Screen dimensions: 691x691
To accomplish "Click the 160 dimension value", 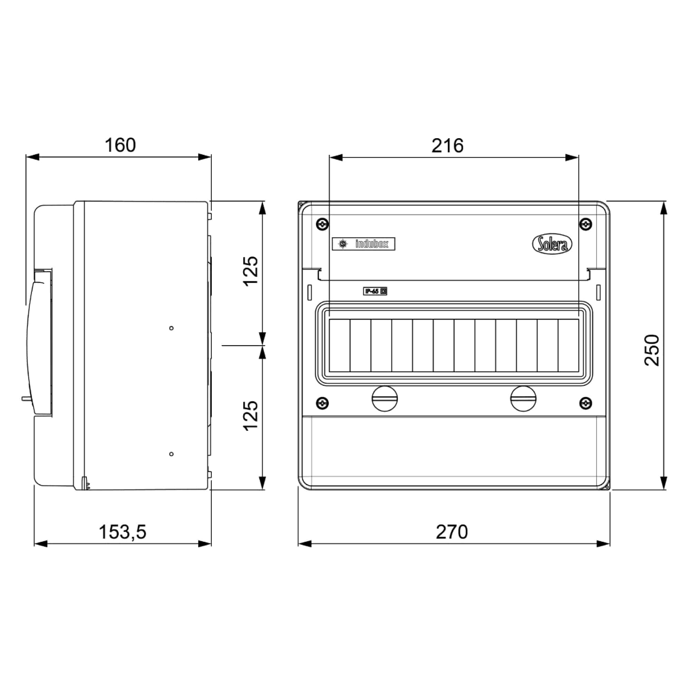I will click(120, 145).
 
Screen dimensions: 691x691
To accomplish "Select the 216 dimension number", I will click(447, 146).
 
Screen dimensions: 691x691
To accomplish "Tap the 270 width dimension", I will click(451, 532).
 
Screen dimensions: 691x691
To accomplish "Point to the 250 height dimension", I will click(652, 350).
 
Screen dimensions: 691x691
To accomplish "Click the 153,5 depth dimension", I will click(122, 532).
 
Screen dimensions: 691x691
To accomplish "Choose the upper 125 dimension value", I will click(251, 271).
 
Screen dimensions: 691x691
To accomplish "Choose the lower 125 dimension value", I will click(251, 416).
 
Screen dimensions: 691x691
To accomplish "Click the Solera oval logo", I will click(552, 245).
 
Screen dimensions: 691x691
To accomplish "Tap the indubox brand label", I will click(363, 244).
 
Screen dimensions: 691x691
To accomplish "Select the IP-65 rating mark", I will click(375, 291).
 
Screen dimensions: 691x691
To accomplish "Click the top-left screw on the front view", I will click(323, 224).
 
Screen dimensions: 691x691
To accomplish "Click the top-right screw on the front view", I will click(586, 224).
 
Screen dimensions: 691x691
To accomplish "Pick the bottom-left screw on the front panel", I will click(323, 404).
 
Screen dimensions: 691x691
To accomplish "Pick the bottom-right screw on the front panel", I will click(586, 404).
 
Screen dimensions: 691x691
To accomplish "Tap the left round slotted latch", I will click(385, 399).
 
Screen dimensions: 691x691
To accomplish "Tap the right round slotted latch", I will click(523, 399).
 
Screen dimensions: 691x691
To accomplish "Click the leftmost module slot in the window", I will click(339, 345).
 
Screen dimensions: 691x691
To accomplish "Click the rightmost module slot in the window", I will click(568, 345).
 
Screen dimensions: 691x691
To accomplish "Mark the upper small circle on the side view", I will click(171, 328).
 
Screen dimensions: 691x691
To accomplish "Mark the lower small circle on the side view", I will click(171, 454).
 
